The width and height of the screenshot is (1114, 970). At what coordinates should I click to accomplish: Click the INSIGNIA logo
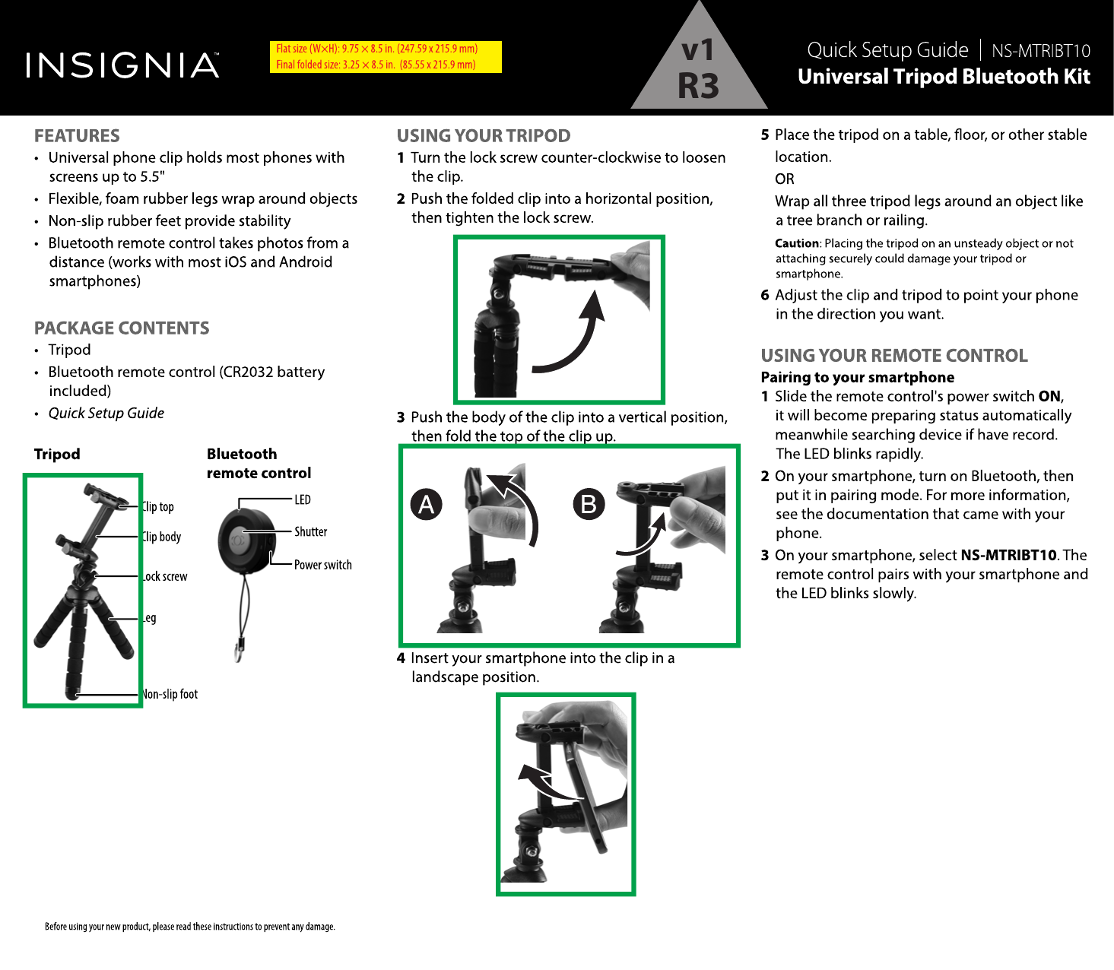coord(122,65)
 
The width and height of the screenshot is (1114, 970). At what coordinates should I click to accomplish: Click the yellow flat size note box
coord(386,57)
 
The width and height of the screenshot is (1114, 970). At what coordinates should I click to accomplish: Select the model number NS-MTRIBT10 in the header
coord(1040,52)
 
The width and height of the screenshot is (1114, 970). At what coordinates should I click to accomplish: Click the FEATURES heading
coord(77,136)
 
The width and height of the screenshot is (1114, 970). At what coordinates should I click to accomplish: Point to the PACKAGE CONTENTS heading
coord(122,328)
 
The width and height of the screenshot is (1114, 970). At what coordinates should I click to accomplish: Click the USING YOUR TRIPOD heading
coord(484,136)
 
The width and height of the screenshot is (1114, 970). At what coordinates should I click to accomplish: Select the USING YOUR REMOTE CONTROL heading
coord(894,356)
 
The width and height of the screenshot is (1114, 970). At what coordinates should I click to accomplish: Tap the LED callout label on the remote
coord(303,499)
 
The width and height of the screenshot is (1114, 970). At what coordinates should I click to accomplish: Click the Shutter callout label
coord(311,532)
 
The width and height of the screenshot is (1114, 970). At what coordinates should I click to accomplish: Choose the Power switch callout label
coord(323,565)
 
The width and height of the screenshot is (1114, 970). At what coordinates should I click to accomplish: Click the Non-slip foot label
coord(170,694)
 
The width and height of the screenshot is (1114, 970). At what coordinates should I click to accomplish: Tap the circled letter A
coord(427,504)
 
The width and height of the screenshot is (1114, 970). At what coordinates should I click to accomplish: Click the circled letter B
coord(589,504)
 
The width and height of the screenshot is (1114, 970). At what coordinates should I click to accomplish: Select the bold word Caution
coord(797,243)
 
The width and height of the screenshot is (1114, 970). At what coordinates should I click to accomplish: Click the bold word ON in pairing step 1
coord(1049,396)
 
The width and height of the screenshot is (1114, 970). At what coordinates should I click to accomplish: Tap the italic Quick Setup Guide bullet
coord(106,414)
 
